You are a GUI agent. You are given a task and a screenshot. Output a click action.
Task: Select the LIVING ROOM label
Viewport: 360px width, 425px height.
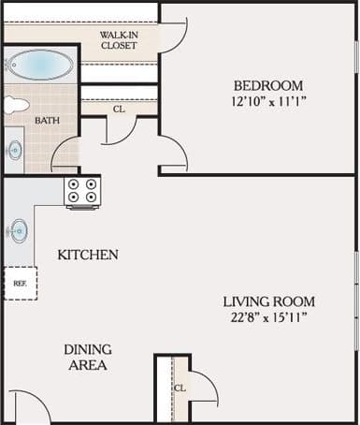(268, 301)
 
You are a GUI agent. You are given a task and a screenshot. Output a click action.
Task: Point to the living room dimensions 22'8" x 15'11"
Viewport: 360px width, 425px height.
(268, 318)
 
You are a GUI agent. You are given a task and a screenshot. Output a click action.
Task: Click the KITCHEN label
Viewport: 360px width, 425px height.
(87, 255)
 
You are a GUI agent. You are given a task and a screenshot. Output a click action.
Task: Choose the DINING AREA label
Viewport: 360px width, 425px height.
(88, 357)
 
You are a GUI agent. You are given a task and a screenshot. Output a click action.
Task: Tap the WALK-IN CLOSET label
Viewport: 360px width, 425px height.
(119, 39)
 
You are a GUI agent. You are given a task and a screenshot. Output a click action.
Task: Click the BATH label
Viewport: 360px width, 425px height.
(46, 121)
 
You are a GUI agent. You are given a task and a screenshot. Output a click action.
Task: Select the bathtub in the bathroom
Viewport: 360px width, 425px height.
(39, 65)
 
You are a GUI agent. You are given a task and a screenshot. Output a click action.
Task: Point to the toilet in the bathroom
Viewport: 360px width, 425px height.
(16, 104)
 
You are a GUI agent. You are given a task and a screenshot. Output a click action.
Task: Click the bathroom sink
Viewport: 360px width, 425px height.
(16, 149)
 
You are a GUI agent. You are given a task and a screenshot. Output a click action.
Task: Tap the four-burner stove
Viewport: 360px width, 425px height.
(82, 192)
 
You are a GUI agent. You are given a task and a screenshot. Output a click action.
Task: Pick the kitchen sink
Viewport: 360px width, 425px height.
(19, 231)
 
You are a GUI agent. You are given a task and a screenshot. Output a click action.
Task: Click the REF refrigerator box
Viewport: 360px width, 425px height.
(20, 282)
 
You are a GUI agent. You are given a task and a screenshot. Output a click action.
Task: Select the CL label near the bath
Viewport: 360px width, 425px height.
(118, 109)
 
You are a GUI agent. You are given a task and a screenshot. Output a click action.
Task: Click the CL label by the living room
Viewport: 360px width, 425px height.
(178, 388)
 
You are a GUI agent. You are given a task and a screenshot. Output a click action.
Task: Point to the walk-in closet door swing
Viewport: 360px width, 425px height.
(173, 36)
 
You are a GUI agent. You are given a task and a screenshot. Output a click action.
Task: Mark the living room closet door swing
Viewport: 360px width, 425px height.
(204, 386)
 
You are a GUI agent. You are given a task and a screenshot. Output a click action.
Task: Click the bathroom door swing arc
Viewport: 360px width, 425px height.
(64, 155)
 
